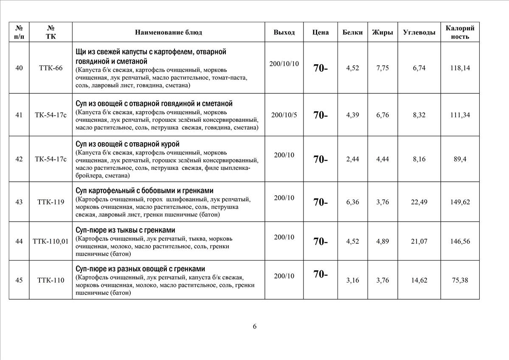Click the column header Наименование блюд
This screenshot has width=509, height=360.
click(x=169, y=32)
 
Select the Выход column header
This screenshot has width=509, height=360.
click(x=284, y=32)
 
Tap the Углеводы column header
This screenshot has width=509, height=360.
click(x=419, y=32)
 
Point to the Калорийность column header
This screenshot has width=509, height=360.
click(x=460, y=32)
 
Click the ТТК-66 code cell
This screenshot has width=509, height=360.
click(x=51, y=68)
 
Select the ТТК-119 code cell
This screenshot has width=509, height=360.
click(x=51, y=202)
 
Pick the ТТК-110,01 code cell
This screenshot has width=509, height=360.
click(x=51, y=242)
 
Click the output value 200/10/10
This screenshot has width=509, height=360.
click(x=284, y=64)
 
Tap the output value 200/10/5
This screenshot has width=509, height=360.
click(x=284, y=115)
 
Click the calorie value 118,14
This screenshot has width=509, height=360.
click(x=460, y=68)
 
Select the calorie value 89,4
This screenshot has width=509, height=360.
click(x=460, y=159)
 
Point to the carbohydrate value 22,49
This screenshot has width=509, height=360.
click(x=419, y=202)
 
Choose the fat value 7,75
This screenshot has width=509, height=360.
click(x=382, y=68)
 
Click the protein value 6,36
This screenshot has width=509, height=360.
click(x=352, y=202)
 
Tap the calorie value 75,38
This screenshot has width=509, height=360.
click(x=460, y=280)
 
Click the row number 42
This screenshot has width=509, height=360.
click(x=19, y=159)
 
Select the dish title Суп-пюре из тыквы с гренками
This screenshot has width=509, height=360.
click(x=125, y=230)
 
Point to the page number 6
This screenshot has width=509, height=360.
click(x=255, y=326)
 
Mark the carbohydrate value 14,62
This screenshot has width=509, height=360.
click(x=419, y=280)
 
